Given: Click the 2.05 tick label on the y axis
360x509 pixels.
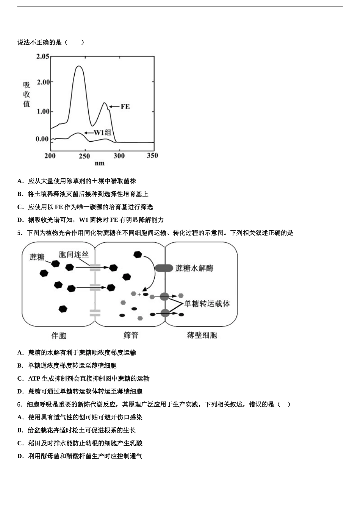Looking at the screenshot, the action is [42, 57].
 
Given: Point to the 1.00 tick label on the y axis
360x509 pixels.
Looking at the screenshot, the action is [42, 112].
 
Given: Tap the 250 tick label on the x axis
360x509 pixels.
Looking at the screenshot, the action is [85, 156].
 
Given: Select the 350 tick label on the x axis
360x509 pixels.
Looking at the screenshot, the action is [152, 156].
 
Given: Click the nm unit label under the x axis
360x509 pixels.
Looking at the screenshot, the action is [100, 164].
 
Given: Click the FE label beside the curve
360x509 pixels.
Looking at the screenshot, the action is [125, 107].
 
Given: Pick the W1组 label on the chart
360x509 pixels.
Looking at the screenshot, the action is [103, 133].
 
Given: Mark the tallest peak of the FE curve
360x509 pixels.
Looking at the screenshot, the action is [79, 67].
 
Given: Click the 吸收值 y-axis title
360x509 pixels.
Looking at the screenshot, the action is [27, 95].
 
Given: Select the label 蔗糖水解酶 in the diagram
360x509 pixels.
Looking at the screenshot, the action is [194, 268].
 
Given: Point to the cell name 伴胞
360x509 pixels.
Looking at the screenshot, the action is [59, 335].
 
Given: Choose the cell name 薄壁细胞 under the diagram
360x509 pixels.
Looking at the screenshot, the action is [202, 335].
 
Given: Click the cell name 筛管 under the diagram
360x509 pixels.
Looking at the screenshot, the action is [131, 335].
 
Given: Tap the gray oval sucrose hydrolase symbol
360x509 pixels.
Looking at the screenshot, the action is [164, 268].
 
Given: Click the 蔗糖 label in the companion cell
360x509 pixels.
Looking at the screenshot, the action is [37, 257].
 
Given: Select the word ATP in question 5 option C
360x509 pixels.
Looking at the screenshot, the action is [34, 379].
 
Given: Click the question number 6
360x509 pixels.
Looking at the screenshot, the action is [19, 404].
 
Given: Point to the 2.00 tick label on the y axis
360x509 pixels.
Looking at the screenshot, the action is [42, 82].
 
